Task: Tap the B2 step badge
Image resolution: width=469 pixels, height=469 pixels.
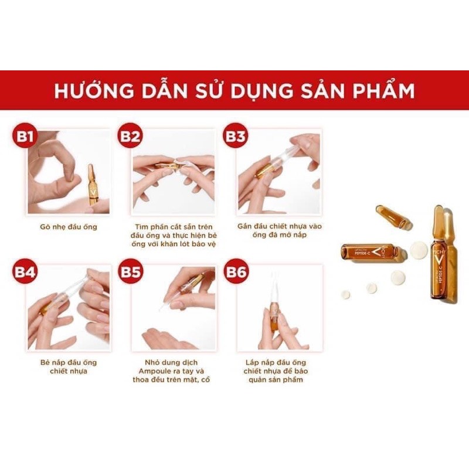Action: coord(130,137)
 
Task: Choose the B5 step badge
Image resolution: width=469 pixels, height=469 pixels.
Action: coord(130,273)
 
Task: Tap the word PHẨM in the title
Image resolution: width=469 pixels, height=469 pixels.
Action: coord(383,91)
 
